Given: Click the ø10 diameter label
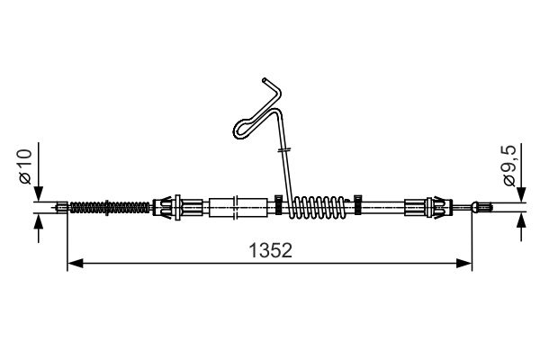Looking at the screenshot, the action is [26, 166].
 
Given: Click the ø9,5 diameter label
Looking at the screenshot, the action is [509, 166].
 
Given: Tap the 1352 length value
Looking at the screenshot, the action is [270, 250].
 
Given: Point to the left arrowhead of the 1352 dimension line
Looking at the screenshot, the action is [75, 264].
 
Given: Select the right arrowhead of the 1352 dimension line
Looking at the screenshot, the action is [463, 264].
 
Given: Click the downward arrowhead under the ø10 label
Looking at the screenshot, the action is [38, 193].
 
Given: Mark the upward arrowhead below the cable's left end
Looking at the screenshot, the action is [38, 221].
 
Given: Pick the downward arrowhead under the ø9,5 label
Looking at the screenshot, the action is [521, 194].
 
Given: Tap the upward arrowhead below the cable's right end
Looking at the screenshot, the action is [521, 220].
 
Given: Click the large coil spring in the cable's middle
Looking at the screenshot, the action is [318, 207].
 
